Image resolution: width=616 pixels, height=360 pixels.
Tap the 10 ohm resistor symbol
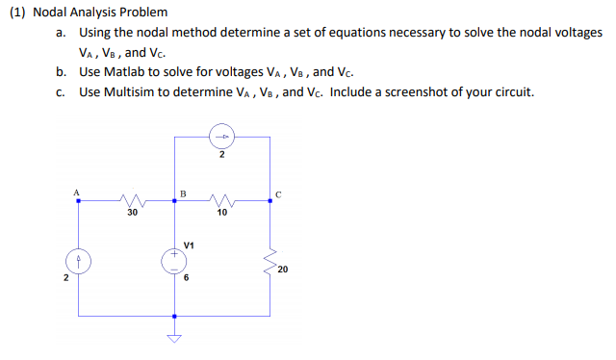(221, 201)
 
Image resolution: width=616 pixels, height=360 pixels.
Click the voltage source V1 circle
(175, 262)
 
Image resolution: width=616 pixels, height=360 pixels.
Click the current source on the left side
(79, 262)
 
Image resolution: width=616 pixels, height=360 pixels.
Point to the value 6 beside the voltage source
(187, 277)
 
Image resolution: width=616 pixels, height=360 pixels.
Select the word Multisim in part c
(128, 92)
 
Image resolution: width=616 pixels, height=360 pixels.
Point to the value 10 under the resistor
(221, 213)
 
